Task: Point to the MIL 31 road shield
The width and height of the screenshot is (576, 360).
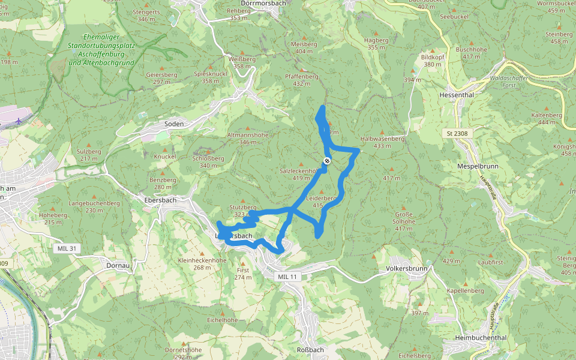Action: click(x=66, y=248)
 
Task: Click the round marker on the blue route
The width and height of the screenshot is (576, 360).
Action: click(x=327, y=160)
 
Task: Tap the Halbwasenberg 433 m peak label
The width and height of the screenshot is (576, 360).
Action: click(x=382, y=142)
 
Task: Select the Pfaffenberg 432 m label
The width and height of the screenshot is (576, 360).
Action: click(x=301, y=80)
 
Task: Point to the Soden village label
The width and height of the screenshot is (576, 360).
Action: click(x=174, y=124)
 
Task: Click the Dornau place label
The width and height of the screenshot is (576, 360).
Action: click(x=118, y=265)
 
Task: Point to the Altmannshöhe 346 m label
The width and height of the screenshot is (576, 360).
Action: click(x=247, y=139)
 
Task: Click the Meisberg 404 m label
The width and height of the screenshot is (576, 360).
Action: click(x=304, y=47)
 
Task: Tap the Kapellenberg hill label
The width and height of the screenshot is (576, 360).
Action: click(x=465, y=290)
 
